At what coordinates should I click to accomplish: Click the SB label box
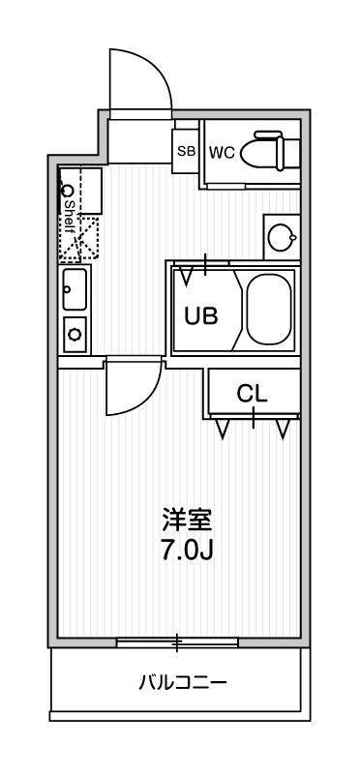coord(186,151)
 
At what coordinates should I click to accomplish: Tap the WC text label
coord(222,153)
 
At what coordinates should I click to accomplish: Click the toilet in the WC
coord(270,151)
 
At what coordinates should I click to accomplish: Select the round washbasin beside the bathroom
coord(282,238)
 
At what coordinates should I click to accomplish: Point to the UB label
coord(201,315)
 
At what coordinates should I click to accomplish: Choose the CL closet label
coord(252,394)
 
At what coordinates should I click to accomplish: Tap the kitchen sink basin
coord(75,289)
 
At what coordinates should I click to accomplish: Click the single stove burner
coord(75,334)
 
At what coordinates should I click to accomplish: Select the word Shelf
coord(69,217)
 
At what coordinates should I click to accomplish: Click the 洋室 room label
coord(187,521)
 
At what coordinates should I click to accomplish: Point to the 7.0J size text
coord(187,550)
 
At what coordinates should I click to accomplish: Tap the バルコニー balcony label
coord(182,683)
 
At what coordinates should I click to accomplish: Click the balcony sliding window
coord(177,642)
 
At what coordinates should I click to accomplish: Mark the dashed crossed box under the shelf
coord(79,238)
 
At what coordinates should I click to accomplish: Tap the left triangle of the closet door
coord(223,429)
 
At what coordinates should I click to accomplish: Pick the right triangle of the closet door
coord(283,429)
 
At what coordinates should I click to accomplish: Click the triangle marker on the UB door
coord(186,276)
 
